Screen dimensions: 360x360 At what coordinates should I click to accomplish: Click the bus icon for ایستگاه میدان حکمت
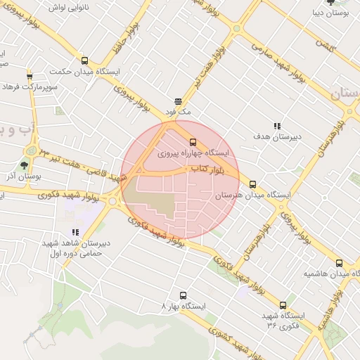85,60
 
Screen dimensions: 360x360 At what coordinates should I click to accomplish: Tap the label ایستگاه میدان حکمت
81,72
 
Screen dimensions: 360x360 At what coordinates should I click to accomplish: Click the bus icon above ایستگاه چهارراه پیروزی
193,141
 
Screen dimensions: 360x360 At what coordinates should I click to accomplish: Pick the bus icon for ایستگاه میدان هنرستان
252,184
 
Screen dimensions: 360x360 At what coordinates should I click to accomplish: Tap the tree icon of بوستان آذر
25,165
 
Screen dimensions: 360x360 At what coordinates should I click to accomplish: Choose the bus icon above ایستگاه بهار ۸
184,295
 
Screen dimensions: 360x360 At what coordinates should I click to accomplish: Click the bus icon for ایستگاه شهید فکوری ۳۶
283,305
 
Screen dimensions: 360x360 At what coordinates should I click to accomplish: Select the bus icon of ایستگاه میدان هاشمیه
339,262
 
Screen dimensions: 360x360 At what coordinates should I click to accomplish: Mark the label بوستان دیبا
330,12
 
